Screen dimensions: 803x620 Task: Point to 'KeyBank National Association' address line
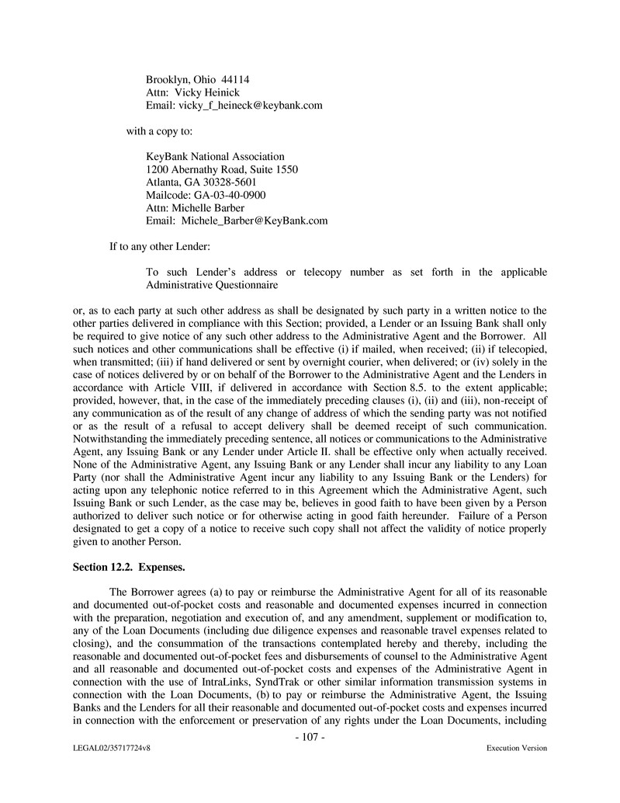215,157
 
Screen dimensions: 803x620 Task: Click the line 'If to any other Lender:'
160,247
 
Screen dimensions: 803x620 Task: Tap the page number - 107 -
310,737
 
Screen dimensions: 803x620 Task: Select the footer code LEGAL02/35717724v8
108,749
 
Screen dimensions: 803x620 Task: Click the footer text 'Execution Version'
517,749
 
